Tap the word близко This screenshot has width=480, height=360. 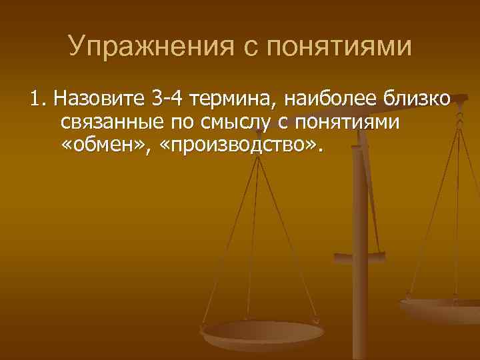[x=417, y=101]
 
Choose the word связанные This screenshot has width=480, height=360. [x=107, y=123]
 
